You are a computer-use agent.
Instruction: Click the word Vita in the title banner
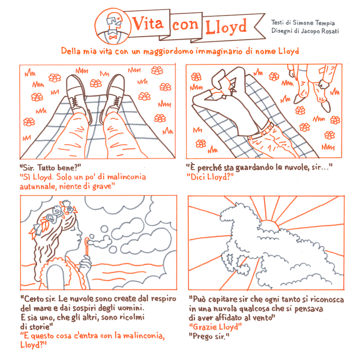(148, 23)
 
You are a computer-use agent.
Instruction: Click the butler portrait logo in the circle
(113, 26)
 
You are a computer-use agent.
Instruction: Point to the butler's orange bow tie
(113, 37)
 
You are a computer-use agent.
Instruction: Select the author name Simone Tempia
(313, 23)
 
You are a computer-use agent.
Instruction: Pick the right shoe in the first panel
(113, 97)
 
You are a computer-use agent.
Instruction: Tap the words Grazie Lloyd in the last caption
(215, 327)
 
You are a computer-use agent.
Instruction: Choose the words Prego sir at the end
(208, 336)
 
